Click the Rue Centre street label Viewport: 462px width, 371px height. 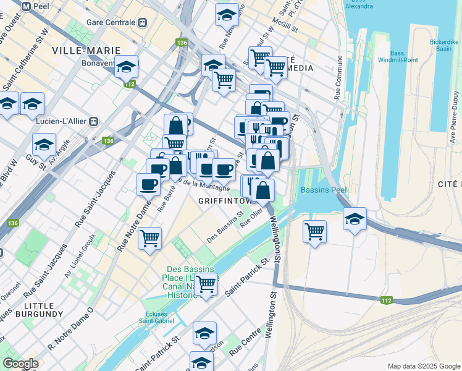pos(245,344)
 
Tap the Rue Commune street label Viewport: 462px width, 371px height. pos(338,77)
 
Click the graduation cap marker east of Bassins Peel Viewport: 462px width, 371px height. pos(355,220)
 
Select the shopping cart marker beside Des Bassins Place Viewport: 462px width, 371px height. pos(206,284)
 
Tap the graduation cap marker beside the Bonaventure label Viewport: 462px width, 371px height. pos(127,66)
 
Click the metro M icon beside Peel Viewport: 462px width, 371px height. pos(26,6)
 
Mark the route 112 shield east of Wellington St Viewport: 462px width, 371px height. pos(387,301)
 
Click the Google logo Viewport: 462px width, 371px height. pos(20,364)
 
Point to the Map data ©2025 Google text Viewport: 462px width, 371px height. pos(422,366)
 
